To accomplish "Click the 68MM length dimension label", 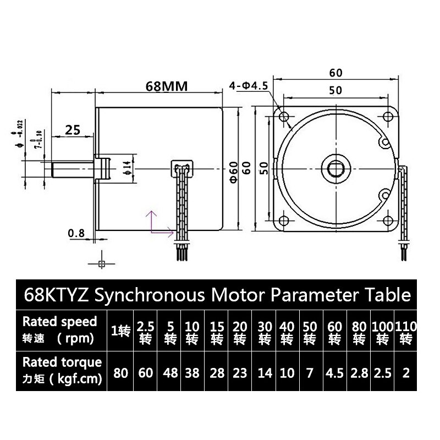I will [x=167, y=86].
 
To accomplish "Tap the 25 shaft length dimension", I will [x=73, y=130].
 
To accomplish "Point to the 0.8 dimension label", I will [x=76, y=233].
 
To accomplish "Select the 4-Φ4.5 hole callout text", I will [x=248, y=86].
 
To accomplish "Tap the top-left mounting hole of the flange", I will [x=284, y=117].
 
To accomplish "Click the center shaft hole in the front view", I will [x=336, y=169].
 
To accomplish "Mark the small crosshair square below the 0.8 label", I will [x=101, y=264].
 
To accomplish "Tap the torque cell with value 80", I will [x=121, y=373].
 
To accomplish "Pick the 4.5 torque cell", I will [x=334, y=373].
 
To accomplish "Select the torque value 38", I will [x=192, y=373].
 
